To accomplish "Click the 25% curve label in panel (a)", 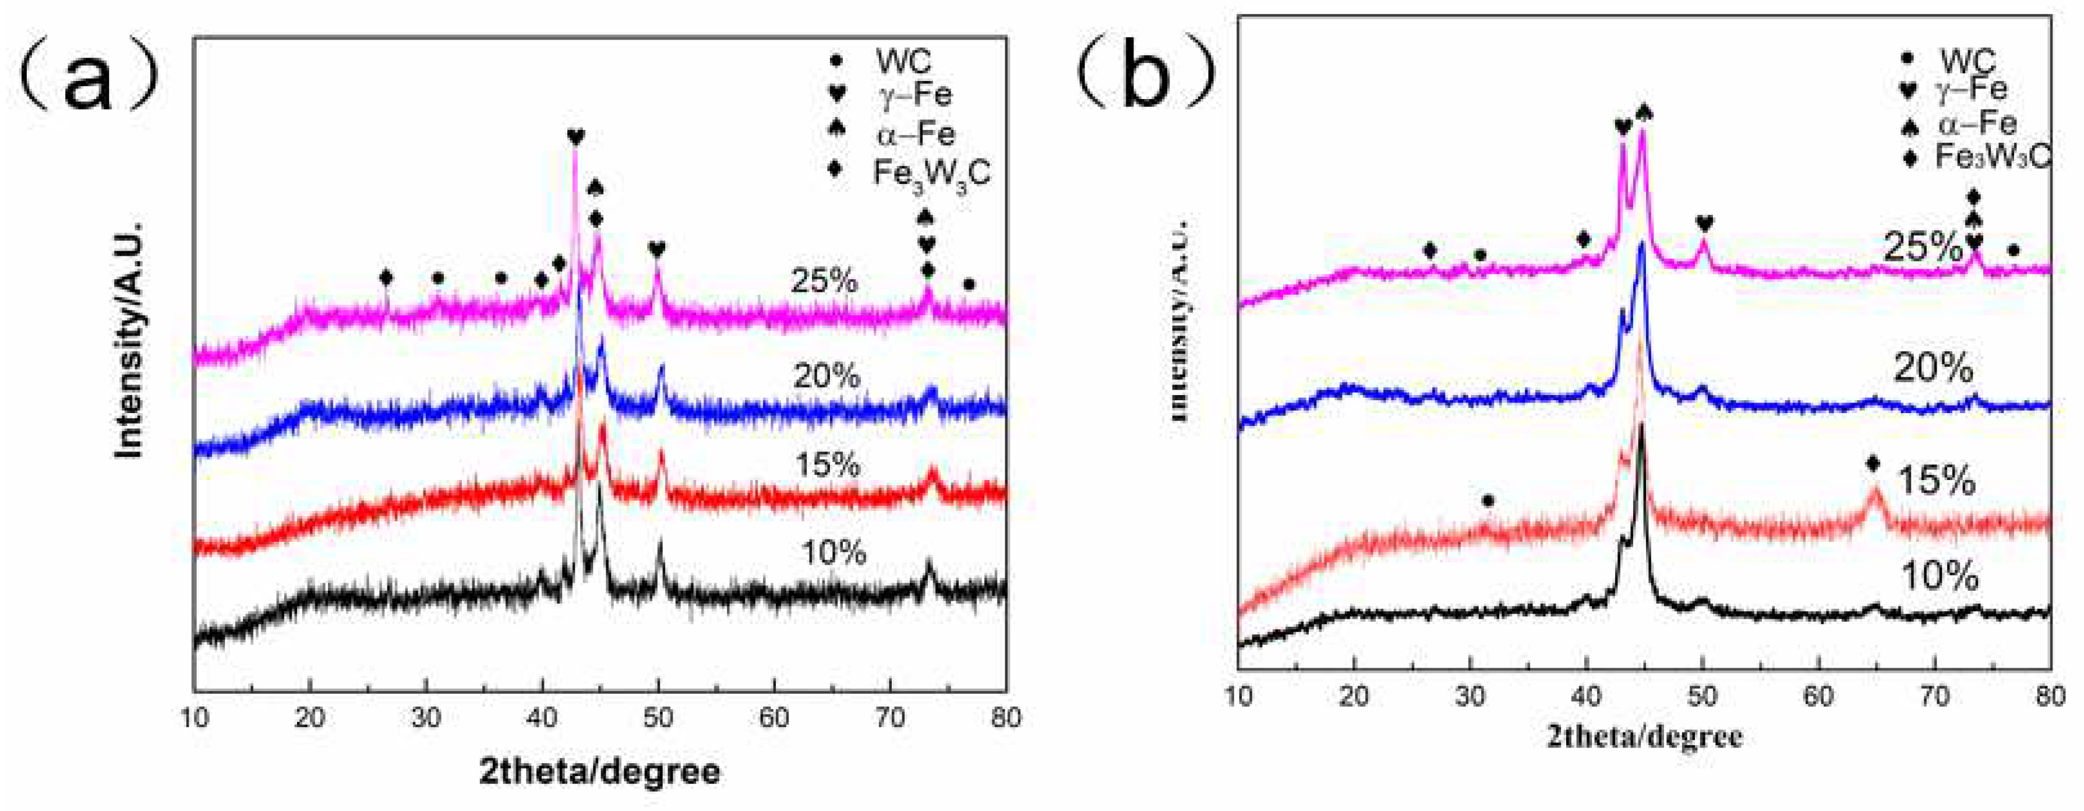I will (x=824, y=281).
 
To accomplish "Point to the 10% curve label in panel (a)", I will (x=834, y=553).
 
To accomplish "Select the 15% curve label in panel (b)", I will (x=1936, y=481).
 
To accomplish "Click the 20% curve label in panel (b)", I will (x=1934, y=369).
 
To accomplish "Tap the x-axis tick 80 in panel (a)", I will (x=1005, y=717).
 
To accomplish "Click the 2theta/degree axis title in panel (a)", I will (x=599, y=771).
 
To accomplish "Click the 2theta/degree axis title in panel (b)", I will (x=1645, y=736).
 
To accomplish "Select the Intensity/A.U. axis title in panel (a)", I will (x=129, y=338).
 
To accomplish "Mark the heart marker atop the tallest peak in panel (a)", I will (x=575, y=137).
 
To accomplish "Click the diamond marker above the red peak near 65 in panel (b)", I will (x=1873, y=464).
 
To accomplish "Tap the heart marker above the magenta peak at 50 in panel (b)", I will (x=1704, y=223).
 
